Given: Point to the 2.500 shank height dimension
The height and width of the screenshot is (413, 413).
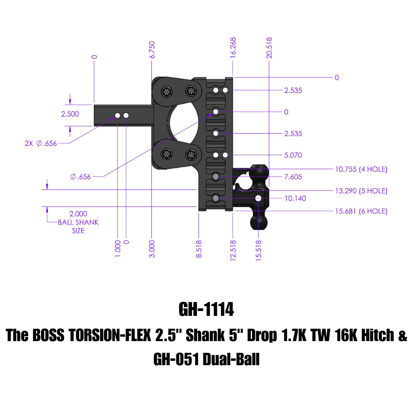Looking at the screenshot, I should (x=70, y=114).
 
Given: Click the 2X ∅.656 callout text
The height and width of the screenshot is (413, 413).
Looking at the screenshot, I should (x=41, y=143).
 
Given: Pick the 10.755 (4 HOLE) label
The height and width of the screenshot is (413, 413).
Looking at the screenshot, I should (x=361, y=169).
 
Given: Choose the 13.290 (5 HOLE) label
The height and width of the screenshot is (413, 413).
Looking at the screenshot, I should (x=361, y=191).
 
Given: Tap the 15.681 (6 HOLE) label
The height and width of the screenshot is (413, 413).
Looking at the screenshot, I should (x=361, y=211).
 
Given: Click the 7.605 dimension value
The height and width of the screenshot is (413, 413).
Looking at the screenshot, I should (x=293, y=177).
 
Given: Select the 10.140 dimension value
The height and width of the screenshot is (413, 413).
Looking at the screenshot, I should (x=295, y=198).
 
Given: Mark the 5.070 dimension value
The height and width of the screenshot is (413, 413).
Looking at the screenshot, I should (x=293, y=155).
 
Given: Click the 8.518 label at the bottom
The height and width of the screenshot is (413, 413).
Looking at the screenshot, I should (x=199, y=249).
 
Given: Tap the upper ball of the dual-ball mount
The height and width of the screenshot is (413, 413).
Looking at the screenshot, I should (x=259, y=171).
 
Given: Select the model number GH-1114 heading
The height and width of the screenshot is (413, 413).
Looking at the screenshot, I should (x=206, y=310).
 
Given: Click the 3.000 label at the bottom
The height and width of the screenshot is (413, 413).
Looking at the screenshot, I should (x=152, y=249).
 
